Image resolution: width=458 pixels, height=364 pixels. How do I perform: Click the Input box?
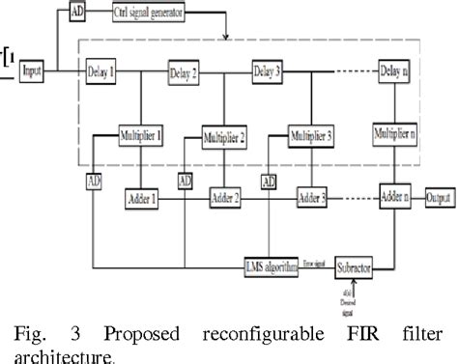(32, 70)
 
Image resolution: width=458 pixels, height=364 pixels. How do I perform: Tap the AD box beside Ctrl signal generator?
(78, 14)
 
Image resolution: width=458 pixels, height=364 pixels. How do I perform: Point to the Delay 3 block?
(268, 70)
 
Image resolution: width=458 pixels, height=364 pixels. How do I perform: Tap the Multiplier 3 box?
(311, 136)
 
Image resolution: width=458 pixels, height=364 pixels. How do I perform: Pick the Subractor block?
(356, 263)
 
